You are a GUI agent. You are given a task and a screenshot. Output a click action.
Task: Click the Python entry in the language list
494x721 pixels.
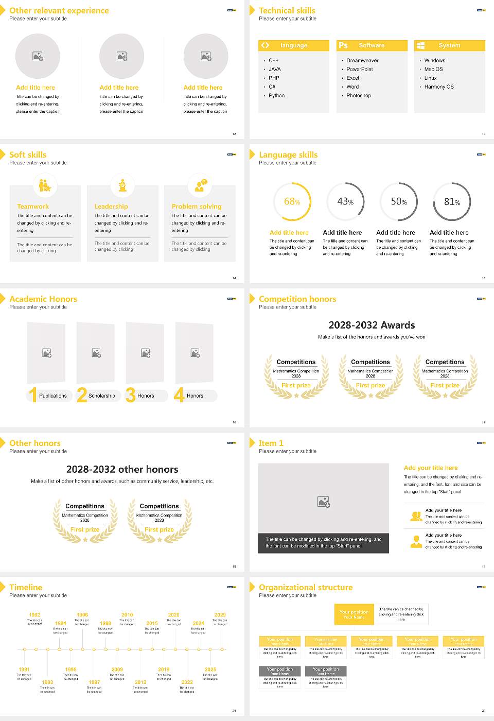276,96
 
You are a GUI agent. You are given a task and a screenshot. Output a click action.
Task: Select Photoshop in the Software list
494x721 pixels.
359,96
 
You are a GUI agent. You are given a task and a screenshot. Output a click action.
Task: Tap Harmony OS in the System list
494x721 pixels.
439,87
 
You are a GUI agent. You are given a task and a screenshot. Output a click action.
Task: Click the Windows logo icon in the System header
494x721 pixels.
420,45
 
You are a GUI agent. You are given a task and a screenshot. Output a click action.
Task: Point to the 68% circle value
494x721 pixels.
292,202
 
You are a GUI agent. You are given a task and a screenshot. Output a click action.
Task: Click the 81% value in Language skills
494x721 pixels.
452,202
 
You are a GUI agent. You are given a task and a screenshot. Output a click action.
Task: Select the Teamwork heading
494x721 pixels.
33,207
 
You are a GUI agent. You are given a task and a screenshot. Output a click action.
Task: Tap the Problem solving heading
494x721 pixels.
197,207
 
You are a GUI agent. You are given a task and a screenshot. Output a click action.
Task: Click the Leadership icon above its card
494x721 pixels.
122,185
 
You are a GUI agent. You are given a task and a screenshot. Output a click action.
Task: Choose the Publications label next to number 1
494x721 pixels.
53,396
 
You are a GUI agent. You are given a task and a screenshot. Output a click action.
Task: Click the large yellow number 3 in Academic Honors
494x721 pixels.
131,395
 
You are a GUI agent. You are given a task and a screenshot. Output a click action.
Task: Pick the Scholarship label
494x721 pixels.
102,396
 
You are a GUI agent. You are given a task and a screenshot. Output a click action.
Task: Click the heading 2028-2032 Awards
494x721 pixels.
372,325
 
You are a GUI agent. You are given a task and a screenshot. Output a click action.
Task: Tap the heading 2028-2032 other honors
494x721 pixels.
122,469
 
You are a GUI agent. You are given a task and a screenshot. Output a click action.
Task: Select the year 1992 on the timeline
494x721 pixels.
34,615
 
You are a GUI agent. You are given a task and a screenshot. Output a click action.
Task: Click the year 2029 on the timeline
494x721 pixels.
220,615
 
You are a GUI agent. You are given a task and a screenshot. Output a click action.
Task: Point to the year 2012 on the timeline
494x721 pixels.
140,682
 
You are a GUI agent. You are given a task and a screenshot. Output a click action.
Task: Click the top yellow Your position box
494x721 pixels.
354,614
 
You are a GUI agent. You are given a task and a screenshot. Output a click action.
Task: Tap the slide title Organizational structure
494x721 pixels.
306,588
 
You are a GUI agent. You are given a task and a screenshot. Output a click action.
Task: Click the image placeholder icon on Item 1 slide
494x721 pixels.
324,502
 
